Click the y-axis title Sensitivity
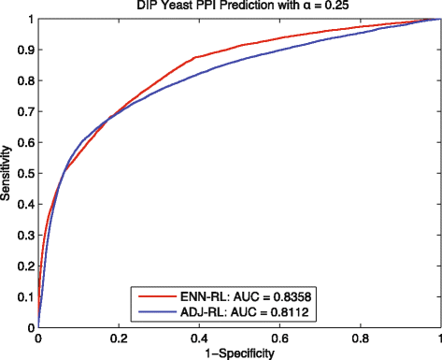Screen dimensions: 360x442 [x=9, y=173]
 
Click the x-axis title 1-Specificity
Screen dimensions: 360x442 [x=239, y=353]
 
